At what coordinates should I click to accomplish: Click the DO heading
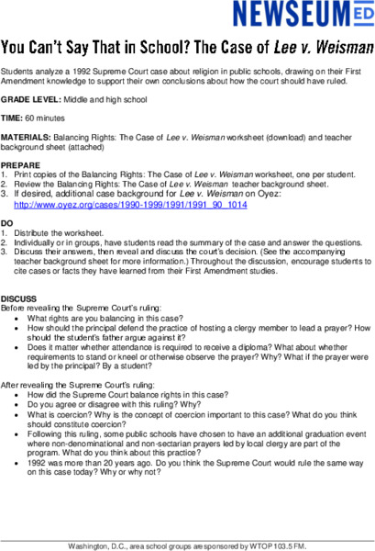click(7, 223)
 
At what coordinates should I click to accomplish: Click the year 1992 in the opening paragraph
click(74, 69)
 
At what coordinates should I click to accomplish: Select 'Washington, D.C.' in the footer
click(96, 545)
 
